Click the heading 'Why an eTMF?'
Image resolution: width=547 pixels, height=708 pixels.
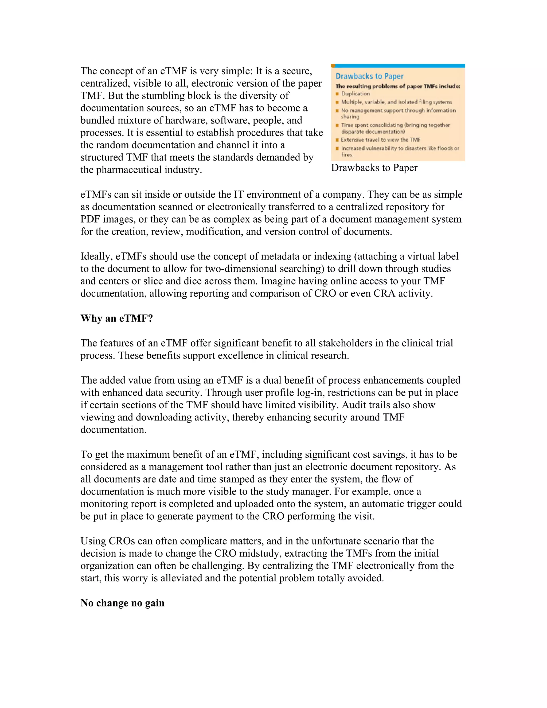[x=116, y=318]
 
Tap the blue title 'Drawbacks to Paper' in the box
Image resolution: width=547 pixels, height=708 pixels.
[x=369, y=76]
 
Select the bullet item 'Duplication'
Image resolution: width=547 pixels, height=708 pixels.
[x=355, y=94]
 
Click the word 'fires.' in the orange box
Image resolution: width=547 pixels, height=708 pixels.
[x=347, y=155]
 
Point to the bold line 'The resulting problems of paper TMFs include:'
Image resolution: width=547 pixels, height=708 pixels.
[x=398, y=86]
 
